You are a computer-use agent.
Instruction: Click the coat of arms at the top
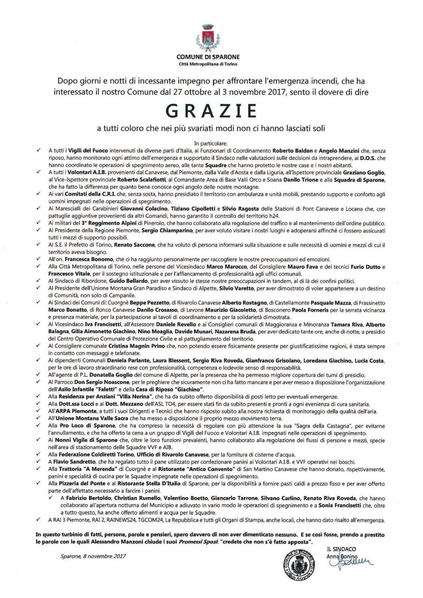click(x=208, y=37)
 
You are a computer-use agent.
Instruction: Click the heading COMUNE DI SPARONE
click(x=208, y=57)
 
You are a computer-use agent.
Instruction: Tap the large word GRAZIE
click(x=211, y=111)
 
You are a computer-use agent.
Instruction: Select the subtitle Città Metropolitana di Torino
click(x=208, y=64)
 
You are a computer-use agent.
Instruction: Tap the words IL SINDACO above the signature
click(x=341, y=549)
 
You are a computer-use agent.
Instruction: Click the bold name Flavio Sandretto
click(x=75, y=462)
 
